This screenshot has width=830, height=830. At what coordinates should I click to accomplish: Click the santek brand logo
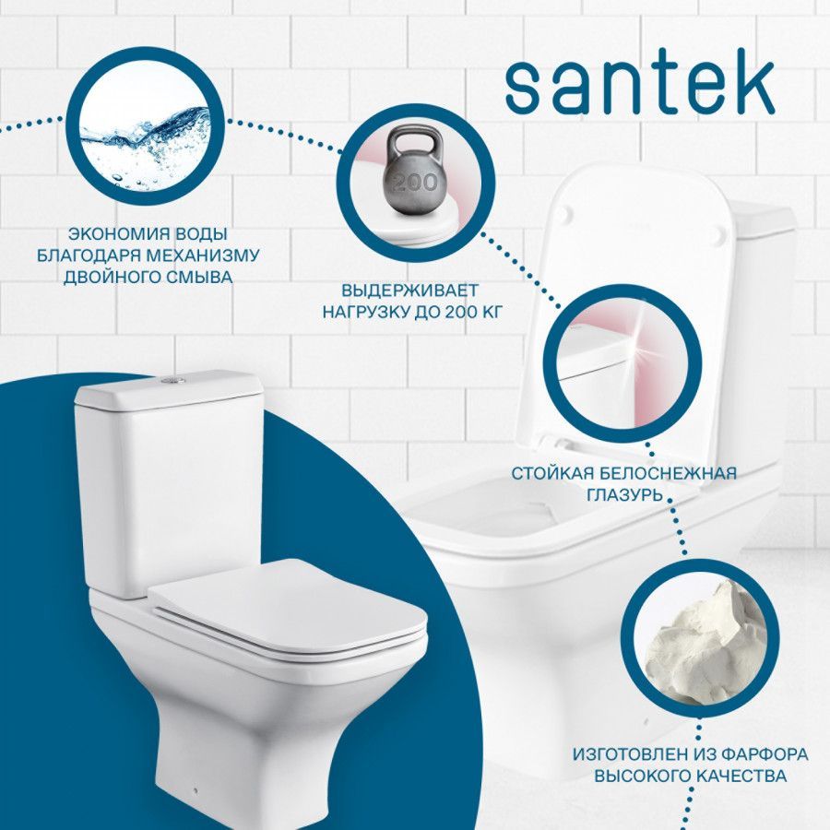coord(640,89)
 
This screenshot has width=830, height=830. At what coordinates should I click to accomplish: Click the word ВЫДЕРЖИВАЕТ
coord(409,290)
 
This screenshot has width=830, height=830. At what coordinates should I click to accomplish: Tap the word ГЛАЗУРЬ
coord(624,495)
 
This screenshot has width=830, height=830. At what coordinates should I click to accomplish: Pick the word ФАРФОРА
coord(765,753)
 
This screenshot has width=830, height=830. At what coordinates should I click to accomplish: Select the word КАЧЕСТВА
coord(741,776)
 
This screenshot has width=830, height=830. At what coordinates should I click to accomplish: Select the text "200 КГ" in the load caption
coord(473,313)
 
